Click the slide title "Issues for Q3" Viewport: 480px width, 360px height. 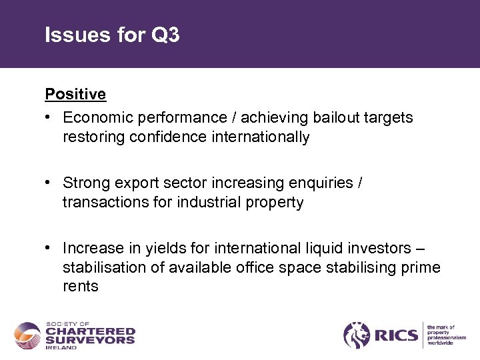click(112, 35)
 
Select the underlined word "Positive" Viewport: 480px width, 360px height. click(75, 94)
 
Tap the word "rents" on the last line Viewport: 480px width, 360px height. click(81, 287)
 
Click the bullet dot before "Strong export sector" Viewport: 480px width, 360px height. click(49, 183)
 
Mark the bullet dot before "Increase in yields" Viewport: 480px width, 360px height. click(49, 248)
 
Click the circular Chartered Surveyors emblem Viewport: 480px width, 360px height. click(27, 335)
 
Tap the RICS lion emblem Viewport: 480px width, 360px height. click(357, 335)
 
